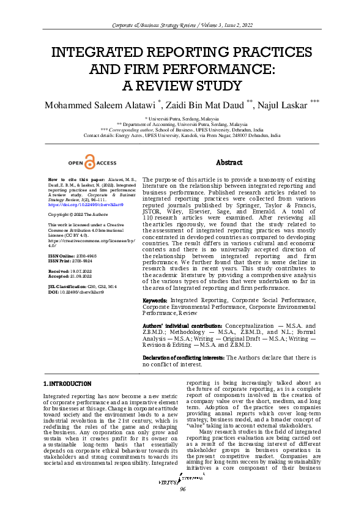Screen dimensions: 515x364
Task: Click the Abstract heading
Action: [229, 163]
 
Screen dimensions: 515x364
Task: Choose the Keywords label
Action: [155, 300]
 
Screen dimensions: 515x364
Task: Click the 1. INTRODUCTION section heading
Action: [67, 383]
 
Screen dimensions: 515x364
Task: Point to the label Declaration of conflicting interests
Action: [184, 357]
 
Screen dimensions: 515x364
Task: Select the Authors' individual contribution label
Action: [182, 326]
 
